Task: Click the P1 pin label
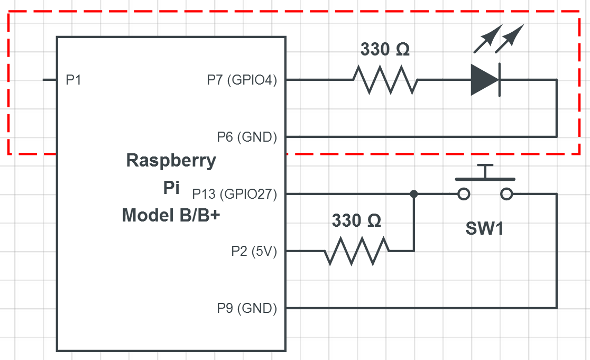tap(73, 80)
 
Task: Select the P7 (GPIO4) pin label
tap(242, 80)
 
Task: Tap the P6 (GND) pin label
tap(247, 137)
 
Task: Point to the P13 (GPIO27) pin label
tap(234, 194)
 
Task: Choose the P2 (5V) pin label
tap(254, 251)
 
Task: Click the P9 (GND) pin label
tap(247, 308)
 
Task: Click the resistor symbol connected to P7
tap(385, 80)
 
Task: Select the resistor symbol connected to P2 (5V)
tap(357, 251)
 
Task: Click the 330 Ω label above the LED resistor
tap(385, 50)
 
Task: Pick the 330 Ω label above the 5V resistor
tap(356, 221)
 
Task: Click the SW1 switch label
tap(484, 228)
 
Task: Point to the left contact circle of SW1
tap(464, 194)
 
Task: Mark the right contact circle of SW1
tap(506, 194)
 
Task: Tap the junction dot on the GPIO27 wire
tap(414, 194)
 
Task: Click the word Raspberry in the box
tap(171, 160)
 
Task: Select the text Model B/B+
tap(171, 215)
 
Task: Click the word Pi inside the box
tap(171, 188)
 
